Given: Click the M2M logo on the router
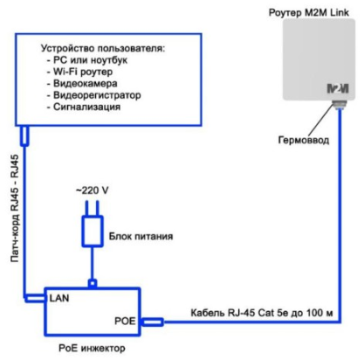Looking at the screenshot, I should pyautogui.click(x=337, y=88).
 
